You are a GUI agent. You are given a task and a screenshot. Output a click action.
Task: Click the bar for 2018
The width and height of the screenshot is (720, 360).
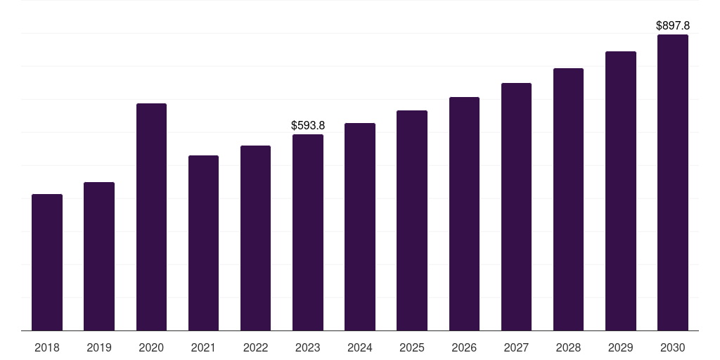coord(47,262)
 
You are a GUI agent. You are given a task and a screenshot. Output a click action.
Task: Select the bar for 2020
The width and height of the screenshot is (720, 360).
coord(152,217)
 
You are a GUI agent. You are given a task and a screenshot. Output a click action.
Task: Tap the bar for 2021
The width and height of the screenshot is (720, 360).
coord(203,243)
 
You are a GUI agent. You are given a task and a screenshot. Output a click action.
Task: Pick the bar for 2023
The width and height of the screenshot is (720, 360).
coord(308,232)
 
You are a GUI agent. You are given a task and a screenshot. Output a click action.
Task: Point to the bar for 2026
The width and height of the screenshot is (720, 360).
coord(464,214)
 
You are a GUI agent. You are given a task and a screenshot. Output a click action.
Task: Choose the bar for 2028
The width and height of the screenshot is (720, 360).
coord(568,199)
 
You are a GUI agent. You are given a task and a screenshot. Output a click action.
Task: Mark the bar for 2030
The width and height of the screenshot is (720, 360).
coord(673,183)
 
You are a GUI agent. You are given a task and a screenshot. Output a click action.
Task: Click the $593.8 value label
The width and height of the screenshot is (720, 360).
coord(308,125)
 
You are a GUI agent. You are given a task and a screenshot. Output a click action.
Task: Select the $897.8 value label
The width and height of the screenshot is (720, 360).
coord(673,26)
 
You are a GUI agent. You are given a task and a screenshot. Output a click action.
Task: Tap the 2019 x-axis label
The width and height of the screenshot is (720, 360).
coord(99,347)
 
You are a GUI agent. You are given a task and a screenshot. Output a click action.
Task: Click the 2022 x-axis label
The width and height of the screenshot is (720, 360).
coord(255,347)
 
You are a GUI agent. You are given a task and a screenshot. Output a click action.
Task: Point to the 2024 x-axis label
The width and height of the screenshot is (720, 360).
coord(360,347)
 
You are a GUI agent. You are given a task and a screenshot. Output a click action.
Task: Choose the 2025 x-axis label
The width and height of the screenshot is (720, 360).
coord(412,347)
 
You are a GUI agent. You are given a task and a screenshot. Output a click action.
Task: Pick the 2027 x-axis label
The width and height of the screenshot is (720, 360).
coord(516,347)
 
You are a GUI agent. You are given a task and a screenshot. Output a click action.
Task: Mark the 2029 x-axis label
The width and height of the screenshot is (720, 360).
coord(621,347)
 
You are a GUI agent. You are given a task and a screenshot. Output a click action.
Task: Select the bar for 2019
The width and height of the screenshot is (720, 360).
coord(99,256)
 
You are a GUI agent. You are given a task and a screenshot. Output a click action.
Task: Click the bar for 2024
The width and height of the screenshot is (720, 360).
coord(360,227)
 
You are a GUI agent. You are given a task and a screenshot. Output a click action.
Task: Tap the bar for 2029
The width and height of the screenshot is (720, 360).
coord(621,191)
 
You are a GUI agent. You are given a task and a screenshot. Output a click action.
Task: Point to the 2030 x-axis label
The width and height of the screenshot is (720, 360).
coord(673,347)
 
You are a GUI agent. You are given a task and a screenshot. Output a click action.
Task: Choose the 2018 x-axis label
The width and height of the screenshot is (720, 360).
coord(47,347)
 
